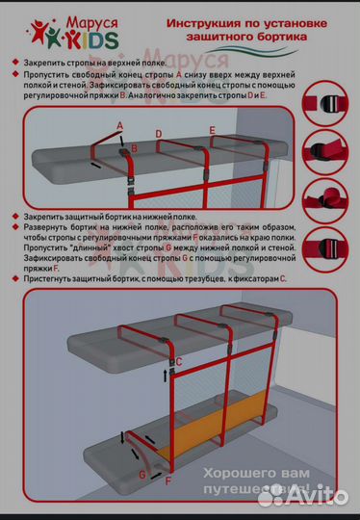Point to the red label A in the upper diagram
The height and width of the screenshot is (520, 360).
pyautogui.click(x=118, y=126)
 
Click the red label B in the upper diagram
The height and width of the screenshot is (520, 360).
pyautogui.click(x=135, y=148)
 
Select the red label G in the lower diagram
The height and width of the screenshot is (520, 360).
pyautogui.click(x=141, y=473)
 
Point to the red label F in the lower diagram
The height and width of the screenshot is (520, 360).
pyautogui.click(x=168, y=479)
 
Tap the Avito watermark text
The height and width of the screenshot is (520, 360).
pyautogui.click(x=313, y=496)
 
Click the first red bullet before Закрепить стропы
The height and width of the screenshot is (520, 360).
pyautogui.click(x=14, y=61)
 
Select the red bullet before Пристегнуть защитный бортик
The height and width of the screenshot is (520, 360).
pyautogui.click(x=14, y=278)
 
